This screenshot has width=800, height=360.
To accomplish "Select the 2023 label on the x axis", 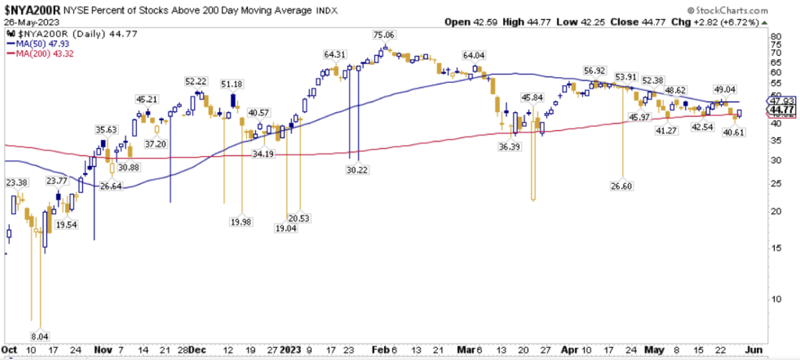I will pos(290,349).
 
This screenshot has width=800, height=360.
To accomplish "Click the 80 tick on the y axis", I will pos(775,37).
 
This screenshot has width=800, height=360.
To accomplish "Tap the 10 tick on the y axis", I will pos(775,298).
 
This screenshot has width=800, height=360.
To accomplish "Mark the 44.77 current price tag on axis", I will pos(783,110).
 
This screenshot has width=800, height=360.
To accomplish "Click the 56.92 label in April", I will pos(595,70).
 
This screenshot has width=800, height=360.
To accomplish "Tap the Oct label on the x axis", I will pos(9,349).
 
